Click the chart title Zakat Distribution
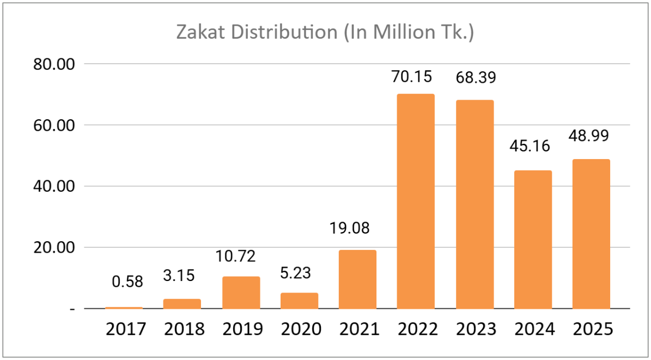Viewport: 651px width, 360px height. [325, 32]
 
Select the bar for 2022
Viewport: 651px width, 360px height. [416, 202]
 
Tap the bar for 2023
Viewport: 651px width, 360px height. [474, 204]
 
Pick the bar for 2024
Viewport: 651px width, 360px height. [533, 240]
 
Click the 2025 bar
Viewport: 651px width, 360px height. [591, 234]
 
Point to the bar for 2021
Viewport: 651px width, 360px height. [357, 279]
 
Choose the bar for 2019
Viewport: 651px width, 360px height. [241, 292]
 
